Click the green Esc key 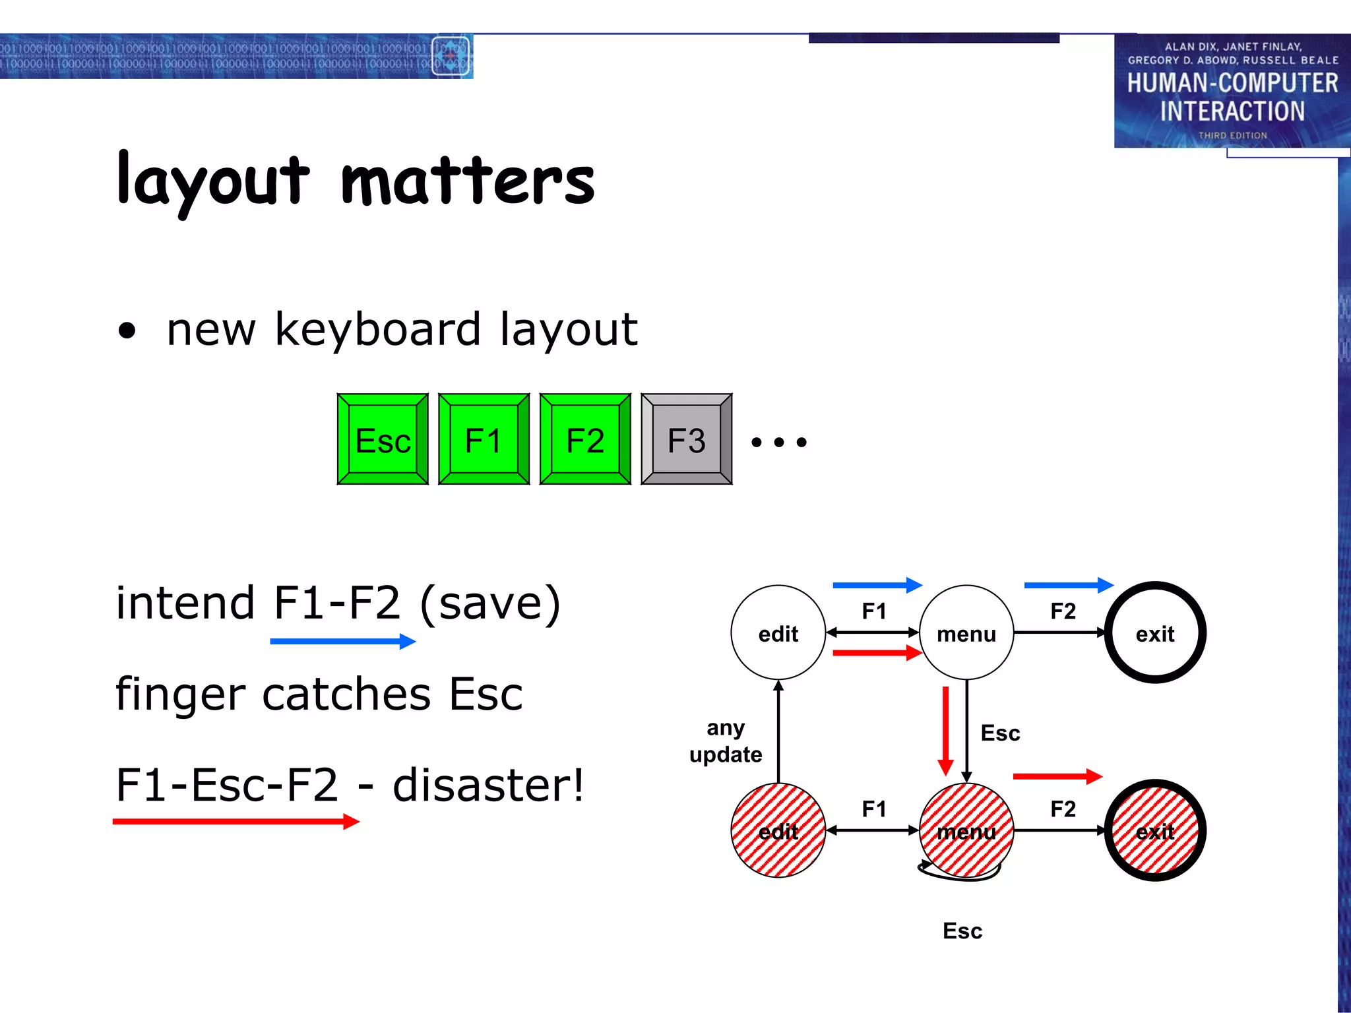tap(383, 439)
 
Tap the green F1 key tap(484, 439)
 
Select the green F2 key tap(585, 439)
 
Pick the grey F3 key tap(686, 439)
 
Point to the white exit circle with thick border tap(1154, 632)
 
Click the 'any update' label tap(725, 741)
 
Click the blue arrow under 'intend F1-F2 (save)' tap(342, 641)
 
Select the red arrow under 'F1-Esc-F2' tap(236, 821)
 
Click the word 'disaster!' tap(488, 785)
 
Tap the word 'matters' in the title tap(467, 181)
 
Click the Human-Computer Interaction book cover tap(1232, 91)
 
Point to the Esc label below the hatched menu tap(962, 931)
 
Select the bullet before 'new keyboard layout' tap(127, 330)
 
